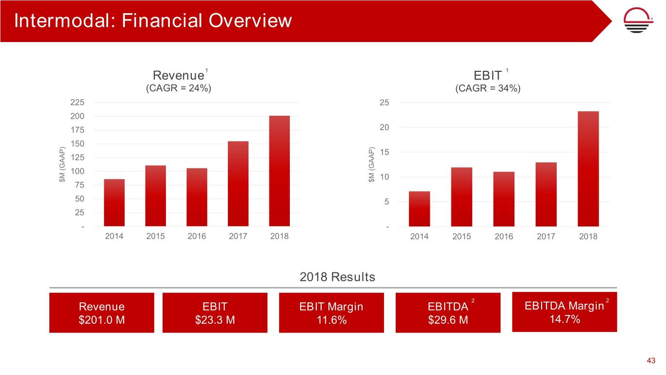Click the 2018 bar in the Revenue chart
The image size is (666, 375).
(x=280, y=171)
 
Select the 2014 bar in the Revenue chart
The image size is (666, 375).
(x=114, y=203)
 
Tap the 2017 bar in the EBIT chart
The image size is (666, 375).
(x=546, y=194)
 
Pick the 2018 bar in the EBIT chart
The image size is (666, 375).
(x=588, y=169)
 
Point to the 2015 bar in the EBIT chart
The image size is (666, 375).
(x=462, y=197)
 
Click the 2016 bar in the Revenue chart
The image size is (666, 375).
(x=197, y=197)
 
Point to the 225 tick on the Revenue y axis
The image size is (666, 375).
(x=77, y=103)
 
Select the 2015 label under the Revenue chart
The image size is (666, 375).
(x=156, y=236)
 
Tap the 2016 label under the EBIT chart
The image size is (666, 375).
(x=504, y=237)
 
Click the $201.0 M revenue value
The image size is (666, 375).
(x=101, y=320)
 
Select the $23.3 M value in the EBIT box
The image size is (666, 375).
(x=215, y=320)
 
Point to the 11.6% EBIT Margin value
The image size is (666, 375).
(x=331, y=320)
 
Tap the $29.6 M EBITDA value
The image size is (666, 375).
(x=447, y=320)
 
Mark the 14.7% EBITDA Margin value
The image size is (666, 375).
(x=564, y=319)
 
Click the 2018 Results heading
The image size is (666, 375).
(x=337, y=277)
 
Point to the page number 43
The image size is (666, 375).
(x=650, y=361)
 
